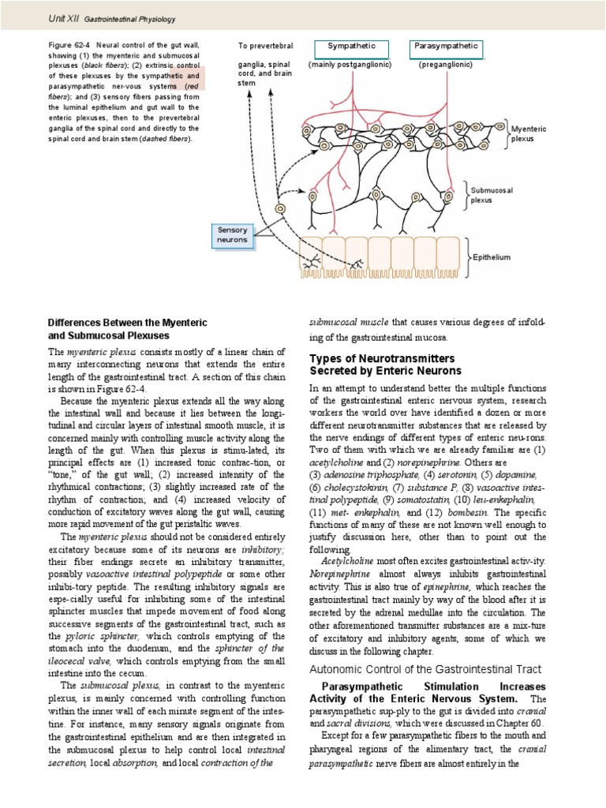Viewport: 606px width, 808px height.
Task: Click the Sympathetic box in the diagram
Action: tap(352, 47)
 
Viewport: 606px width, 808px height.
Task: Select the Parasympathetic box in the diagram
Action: tap(447, 47)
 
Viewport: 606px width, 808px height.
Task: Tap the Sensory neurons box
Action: tap(233, 234)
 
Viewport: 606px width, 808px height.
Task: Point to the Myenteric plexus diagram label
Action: tap(529, 133)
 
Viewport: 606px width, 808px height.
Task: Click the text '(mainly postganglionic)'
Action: tap(351, 64)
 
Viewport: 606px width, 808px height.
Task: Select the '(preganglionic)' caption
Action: tap(447, 64)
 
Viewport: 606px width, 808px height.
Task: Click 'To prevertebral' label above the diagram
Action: tap(265, 47)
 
